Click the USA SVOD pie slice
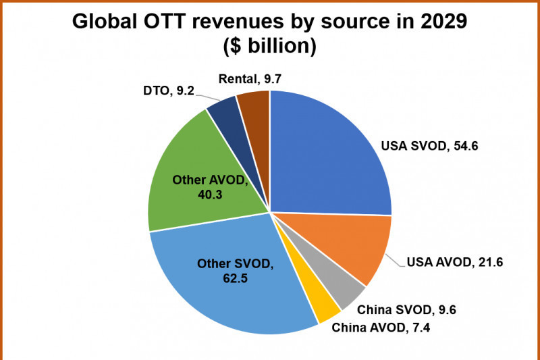324,162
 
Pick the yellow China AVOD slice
323,307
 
